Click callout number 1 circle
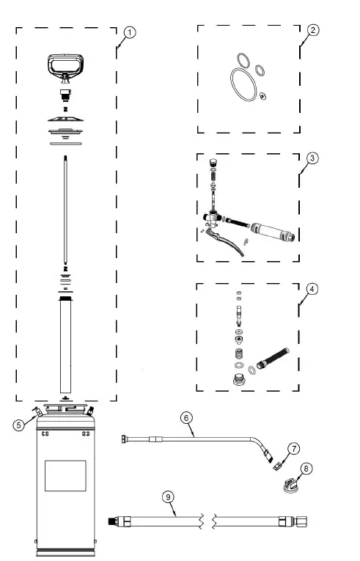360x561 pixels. pos(129,32)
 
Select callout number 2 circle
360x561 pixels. pos(312,30)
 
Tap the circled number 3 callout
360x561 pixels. pos(312,158)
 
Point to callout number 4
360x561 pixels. pos(312,288)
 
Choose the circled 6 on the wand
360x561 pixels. pos(186,417)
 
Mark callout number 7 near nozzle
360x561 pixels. pos(293,447)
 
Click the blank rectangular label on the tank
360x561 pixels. pos(65,475)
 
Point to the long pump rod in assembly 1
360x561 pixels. pos(65,213)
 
